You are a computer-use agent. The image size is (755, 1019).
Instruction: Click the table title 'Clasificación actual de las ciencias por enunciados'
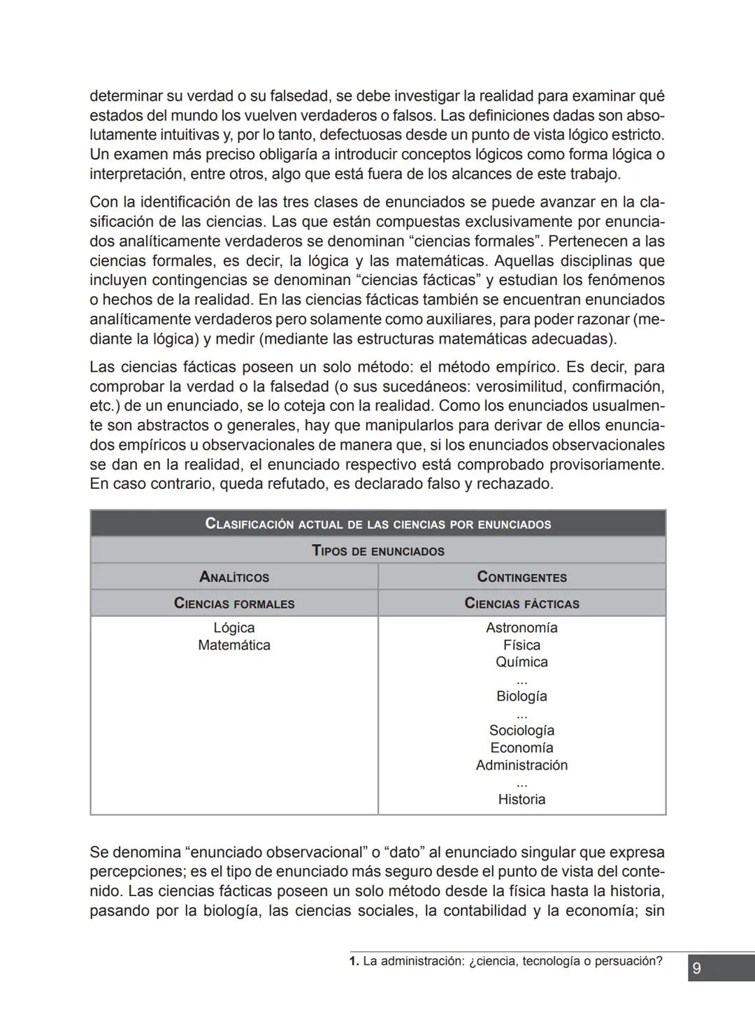coord(377,524)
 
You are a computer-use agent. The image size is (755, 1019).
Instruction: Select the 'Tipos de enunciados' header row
coord(377,551)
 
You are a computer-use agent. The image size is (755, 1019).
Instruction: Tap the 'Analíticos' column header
coord(234,577)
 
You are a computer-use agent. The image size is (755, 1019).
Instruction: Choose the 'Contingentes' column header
coord(522,577)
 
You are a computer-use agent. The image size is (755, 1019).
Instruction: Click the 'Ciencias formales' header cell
coord(234,603)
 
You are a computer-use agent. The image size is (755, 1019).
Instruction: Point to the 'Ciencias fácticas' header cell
coord(522,603)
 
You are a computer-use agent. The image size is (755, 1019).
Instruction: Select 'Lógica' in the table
coord(234,628)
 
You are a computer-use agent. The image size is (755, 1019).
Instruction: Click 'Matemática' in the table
coord(234,645)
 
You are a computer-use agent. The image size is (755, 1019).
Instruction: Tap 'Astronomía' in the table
coord(522,628)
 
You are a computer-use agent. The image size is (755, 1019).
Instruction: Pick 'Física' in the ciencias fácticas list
coord(522,645)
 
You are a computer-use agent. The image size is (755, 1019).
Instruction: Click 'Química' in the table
coord(522,662)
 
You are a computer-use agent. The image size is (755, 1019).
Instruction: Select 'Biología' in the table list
coord(522,696)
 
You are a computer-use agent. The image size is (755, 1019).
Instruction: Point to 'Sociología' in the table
coord(522,731)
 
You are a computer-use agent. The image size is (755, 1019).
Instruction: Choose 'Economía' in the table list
coord(522,748)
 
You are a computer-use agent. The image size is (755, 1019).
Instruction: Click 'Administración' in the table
coord(522,765)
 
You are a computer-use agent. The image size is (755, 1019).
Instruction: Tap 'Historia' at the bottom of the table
coord(522,800)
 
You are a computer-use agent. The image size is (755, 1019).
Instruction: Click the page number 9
coord(696,969)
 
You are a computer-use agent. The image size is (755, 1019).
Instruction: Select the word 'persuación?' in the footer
coord(629,962)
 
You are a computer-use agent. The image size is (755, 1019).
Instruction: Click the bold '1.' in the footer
coord(354,962)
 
